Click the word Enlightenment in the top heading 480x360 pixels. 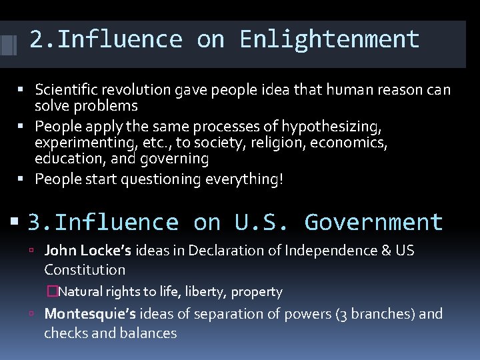click(x=329, y=40)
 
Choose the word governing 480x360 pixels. click(x=177, y=159)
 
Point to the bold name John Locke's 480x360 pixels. click(x=88, y=251)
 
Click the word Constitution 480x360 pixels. click(x=85, y=270)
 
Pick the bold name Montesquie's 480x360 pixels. click(x=90, y=314)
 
